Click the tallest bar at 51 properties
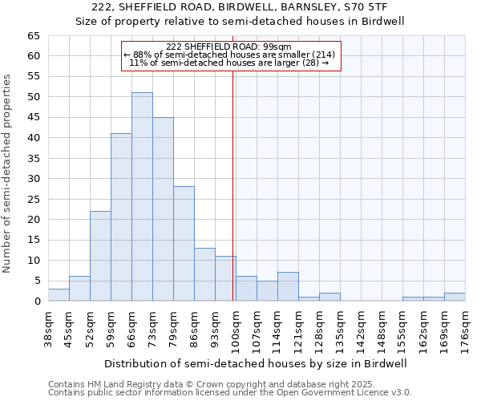coord(142,196)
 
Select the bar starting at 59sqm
coord(121,217)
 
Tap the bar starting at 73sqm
coord(163,209)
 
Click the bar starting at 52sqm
coord(100,256)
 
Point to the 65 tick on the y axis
coord(33,36)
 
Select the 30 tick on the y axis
coord(33,179)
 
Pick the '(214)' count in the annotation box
coord(325,55)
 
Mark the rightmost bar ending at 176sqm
coord(455,297)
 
